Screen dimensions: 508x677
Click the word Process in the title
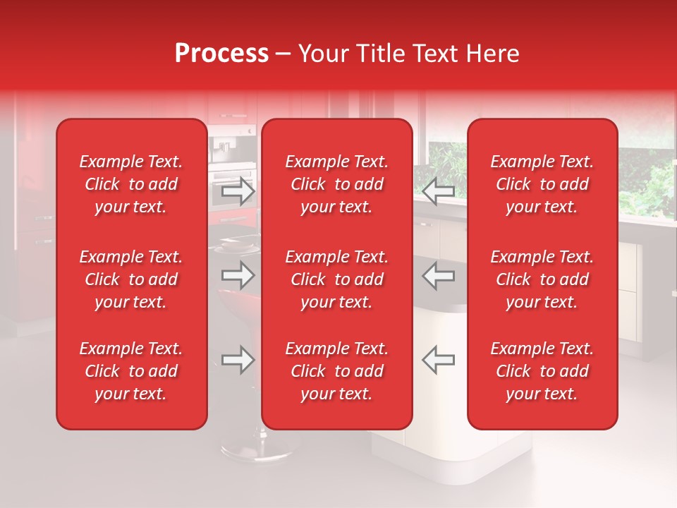[221, 54]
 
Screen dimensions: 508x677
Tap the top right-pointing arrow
[238, 191]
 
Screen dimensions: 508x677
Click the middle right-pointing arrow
[238, 275]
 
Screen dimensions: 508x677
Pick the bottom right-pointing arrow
[238, 360]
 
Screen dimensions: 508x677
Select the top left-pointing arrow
[438, 191]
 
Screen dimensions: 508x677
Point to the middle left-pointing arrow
[438, 275]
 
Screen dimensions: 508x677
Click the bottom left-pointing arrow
[438, 360]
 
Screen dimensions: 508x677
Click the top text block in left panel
[131, 184]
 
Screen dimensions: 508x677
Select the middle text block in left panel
[131, 279]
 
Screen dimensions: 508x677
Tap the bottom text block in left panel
[131, 371]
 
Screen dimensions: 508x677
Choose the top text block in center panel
[337, 184]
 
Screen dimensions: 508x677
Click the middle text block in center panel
[337, 279]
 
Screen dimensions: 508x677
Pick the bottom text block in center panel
[337, 371]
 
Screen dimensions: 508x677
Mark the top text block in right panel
[542, 184]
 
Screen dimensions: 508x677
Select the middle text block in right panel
[542, 279]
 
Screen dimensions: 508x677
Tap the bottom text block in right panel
[542, 371]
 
